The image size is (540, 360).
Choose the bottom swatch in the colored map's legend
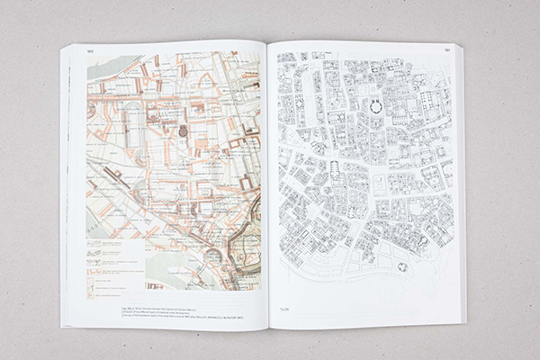98,290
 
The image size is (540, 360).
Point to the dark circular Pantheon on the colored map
184,130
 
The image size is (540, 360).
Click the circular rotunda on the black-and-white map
375,107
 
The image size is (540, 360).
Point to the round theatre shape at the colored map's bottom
211,256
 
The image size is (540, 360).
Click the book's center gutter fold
268,180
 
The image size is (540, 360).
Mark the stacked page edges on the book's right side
462,180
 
